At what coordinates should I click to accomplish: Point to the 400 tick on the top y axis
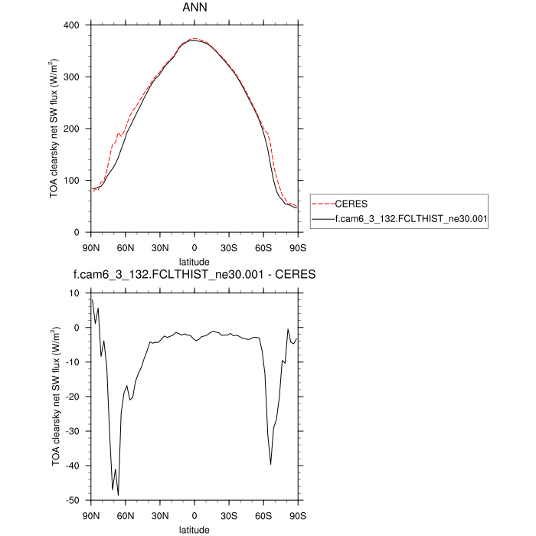(x=73, y=25)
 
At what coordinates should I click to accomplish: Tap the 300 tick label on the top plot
(x=73, y=77)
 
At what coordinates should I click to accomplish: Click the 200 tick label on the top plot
(x=73, y=129)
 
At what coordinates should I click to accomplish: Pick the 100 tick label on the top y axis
(x=73, y=181)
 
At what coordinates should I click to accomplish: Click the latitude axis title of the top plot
(x=194, y=261)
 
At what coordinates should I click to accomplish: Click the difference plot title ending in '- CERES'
(x=194, y=275)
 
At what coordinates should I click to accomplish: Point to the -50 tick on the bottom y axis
(x=73, y=500)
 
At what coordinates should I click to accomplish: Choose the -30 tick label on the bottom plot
(x=73, y=431)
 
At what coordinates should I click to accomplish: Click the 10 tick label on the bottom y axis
(x=75, y=293)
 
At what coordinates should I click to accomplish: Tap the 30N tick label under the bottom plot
(x=160, y=515)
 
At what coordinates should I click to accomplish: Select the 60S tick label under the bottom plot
(x=263, y=515)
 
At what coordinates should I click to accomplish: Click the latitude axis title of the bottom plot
(x=194, y=529)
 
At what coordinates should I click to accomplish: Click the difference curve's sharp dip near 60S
(x=270, y=464)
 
